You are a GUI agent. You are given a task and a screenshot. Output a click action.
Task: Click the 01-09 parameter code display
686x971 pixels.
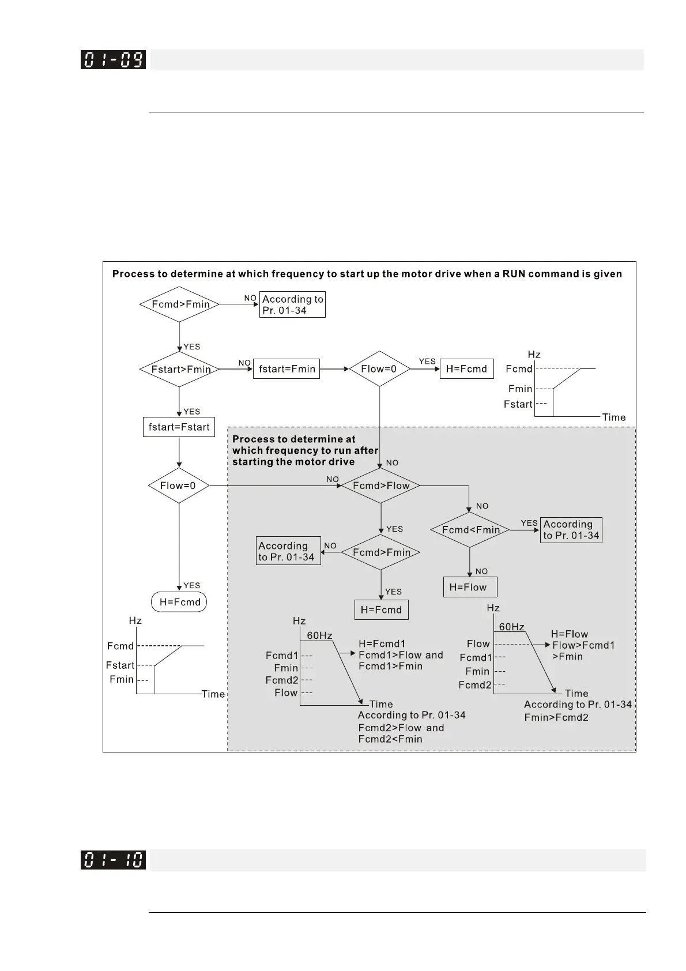click(113, 59)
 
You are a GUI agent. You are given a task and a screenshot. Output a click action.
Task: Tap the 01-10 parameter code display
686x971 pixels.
click(113, 859)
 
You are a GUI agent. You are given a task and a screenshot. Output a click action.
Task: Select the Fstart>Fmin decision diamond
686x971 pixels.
click(180, 369)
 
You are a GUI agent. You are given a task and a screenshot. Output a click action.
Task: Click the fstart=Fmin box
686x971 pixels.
click(287, 369)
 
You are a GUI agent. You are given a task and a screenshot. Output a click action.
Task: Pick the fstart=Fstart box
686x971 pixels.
click(179, 427)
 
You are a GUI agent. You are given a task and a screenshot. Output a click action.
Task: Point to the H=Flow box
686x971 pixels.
click(469, 587)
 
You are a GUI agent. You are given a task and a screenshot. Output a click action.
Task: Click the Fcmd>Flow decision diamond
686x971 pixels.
click(381, 486)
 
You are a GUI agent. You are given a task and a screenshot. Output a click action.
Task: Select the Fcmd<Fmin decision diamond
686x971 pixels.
click(470, 530)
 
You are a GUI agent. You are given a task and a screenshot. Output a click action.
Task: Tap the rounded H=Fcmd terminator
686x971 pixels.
click(179, 602)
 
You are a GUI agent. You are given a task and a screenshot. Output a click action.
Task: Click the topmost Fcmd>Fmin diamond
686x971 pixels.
click(180, 304)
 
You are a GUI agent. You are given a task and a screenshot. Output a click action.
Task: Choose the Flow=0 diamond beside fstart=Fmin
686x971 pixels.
click(379, 369)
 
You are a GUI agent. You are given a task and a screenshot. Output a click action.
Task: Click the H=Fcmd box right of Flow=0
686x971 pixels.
click(467, 369)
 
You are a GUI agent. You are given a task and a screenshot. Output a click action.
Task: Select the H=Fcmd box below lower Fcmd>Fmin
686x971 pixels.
click(381, 610)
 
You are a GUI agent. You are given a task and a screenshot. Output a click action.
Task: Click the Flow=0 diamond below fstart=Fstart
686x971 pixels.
click(179, 486)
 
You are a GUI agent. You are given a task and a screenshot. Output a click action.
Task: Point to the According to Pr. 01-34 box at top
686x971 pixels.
click(292, 304)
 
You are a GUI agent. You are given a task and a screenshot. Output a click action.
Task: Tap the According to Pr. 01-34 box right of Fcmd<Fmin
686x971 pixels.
click(571, 530)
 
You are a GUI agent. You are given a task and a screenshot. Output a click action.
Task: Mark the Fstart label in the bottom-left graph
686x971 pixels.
click(120, 665)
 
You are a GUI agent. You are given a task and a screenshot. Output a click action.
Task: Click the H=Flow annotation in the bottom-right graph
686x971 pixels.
click(570, 634)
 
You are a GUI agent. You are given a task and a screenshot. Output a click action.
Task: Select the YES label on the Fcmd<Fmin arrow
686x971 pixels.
click(529, 523)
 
